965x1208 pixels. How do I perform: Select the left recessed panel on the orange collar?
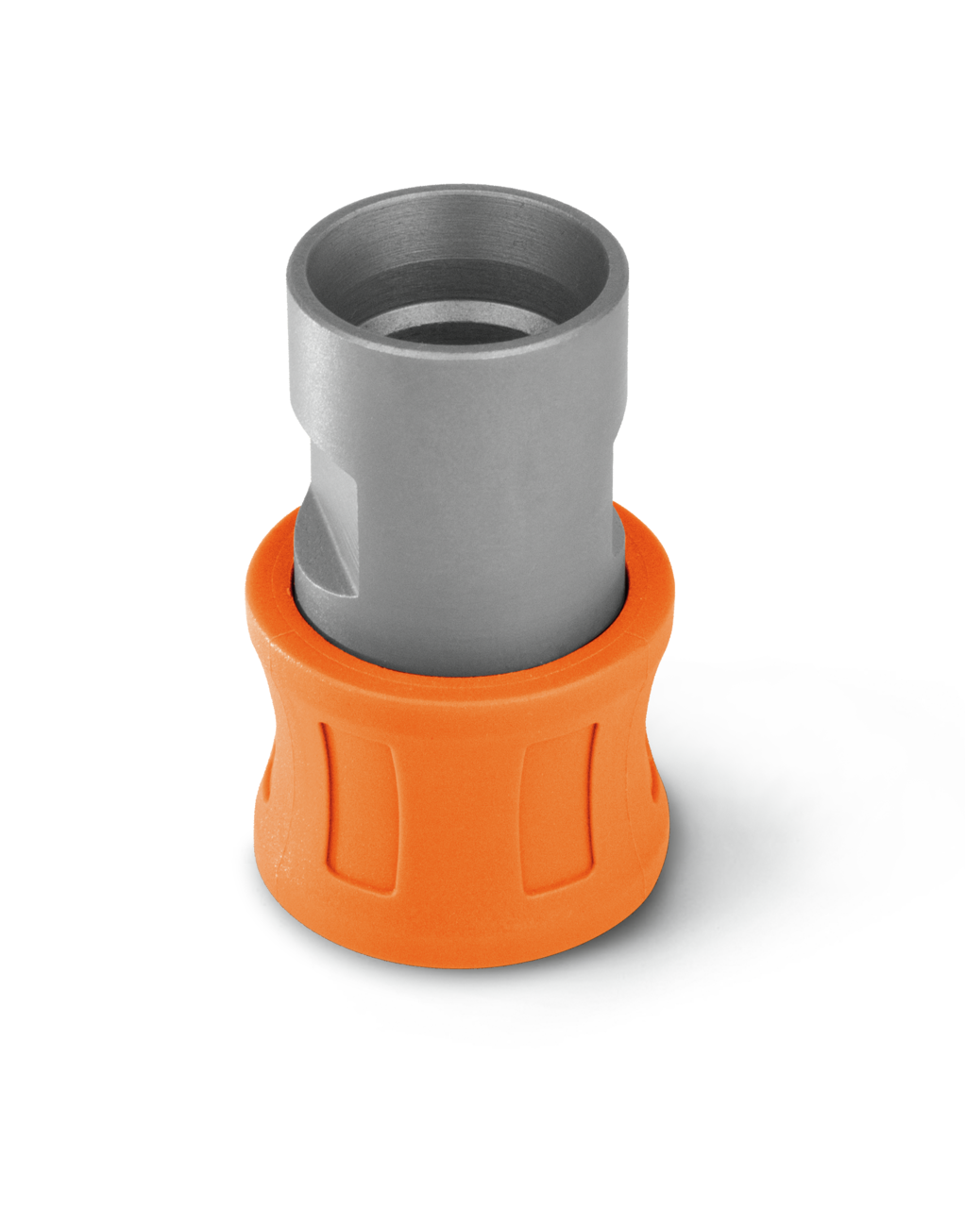point(354,802)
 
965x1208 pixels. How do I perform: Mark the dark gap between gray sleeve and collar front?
point(453,673)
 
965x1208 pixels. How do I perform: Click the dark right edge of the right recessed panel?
point(594,802)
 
